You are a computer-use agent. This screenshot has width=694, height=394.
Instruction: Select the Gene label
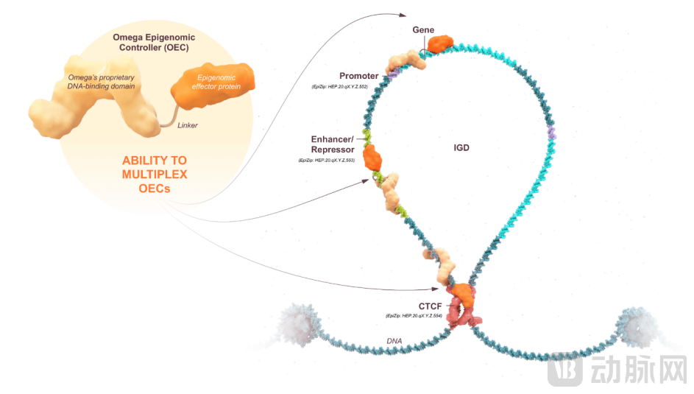tap(422, 29)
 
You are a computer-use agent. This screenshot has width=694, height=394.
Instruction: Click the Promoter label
tap(358, 76)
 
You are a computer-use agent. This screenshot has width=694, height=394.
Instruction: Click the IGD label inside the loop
tap(461, 147)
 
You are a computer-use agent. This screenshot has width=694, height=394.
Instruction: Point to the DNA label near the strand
tap(394, 341)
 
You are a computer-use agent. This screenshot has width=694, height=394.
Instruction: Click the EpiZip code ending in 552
tap(341, 88)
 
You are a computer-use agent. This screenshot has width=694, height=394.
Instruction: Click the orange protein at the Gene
tap(440, 45)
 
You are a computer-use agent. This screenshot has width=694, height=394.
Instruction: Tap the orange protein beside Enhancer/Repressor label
tap(373, 156)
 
